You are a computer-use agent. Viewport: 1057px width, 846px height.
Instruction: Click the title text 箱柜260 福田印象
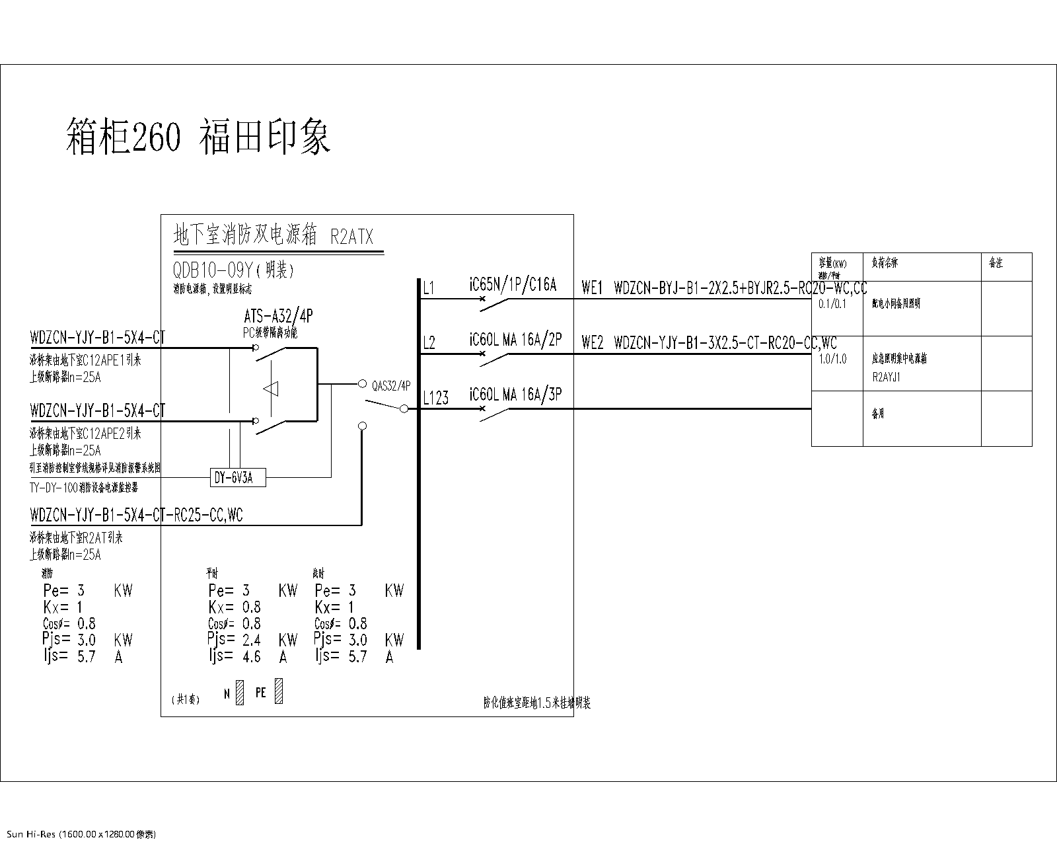point(198,137)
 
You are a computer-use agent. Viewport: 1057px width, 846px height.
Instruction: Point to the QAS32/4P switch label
point(391,385)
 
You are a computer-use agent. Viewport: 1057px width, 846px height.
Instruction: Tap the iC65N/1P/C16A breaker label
point(513,285)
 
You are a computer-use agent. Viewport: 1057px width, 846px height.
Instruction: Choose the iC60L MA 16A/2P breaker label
point(515,340)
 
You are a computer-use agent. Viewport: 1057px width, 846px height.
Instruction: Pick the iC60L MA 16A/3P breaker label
point(515,395)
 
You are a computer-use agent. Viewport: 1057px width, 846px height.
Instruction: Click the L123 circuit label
point(436,398)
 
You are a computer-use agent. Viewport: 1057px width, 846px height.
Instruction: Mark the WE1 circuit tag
point(592,288)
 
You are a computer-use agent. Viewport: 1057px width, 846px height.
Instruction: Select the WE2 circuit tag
point(592,343)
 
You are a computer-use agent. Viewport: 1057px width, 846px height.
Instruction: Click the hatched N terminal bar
point(240,692)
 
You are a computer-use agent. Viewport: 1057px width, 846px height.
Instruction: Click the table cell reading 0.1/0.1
point(832,304)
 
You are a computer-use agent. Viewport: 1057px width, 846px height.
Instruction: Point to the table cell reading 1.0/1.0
point(832,359)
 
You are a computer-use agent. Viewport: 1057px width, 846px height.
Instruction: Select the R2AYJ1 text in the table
point(886,377)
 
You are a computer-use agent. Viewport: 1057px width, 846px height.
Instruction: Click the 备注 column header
point(996,263)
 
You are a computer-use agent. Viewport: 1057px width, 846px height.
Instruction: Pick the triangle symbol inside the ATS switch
point(271,389)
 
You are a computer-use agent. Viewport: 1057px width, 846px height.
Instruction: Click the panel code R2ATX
point(351,237)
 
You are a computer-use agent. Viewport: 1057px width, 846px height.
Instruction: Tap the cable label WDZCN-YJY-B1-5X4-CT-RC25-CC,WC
point(136,514)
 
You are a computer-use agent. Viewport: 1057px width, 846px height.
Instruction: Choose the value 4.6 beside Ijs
point(252,657)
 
